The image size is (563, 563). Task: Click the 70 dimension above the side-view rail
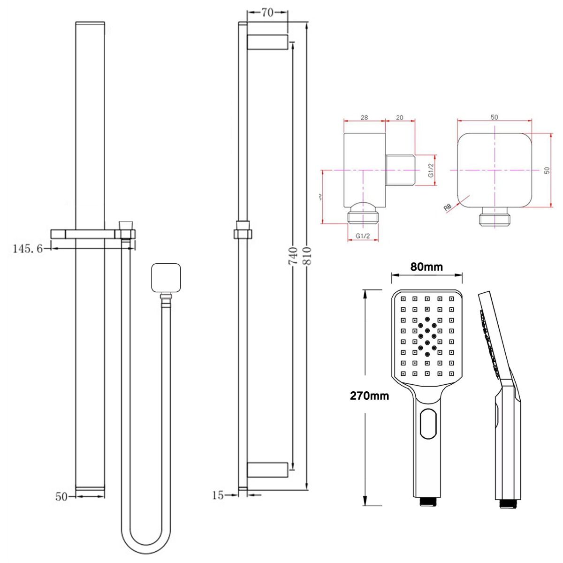[x=267, y=13]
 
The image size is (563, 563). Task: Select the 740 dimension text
[x=294, y=256]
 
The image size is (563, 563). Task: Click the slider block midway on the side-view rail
[x=243, y=229]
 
